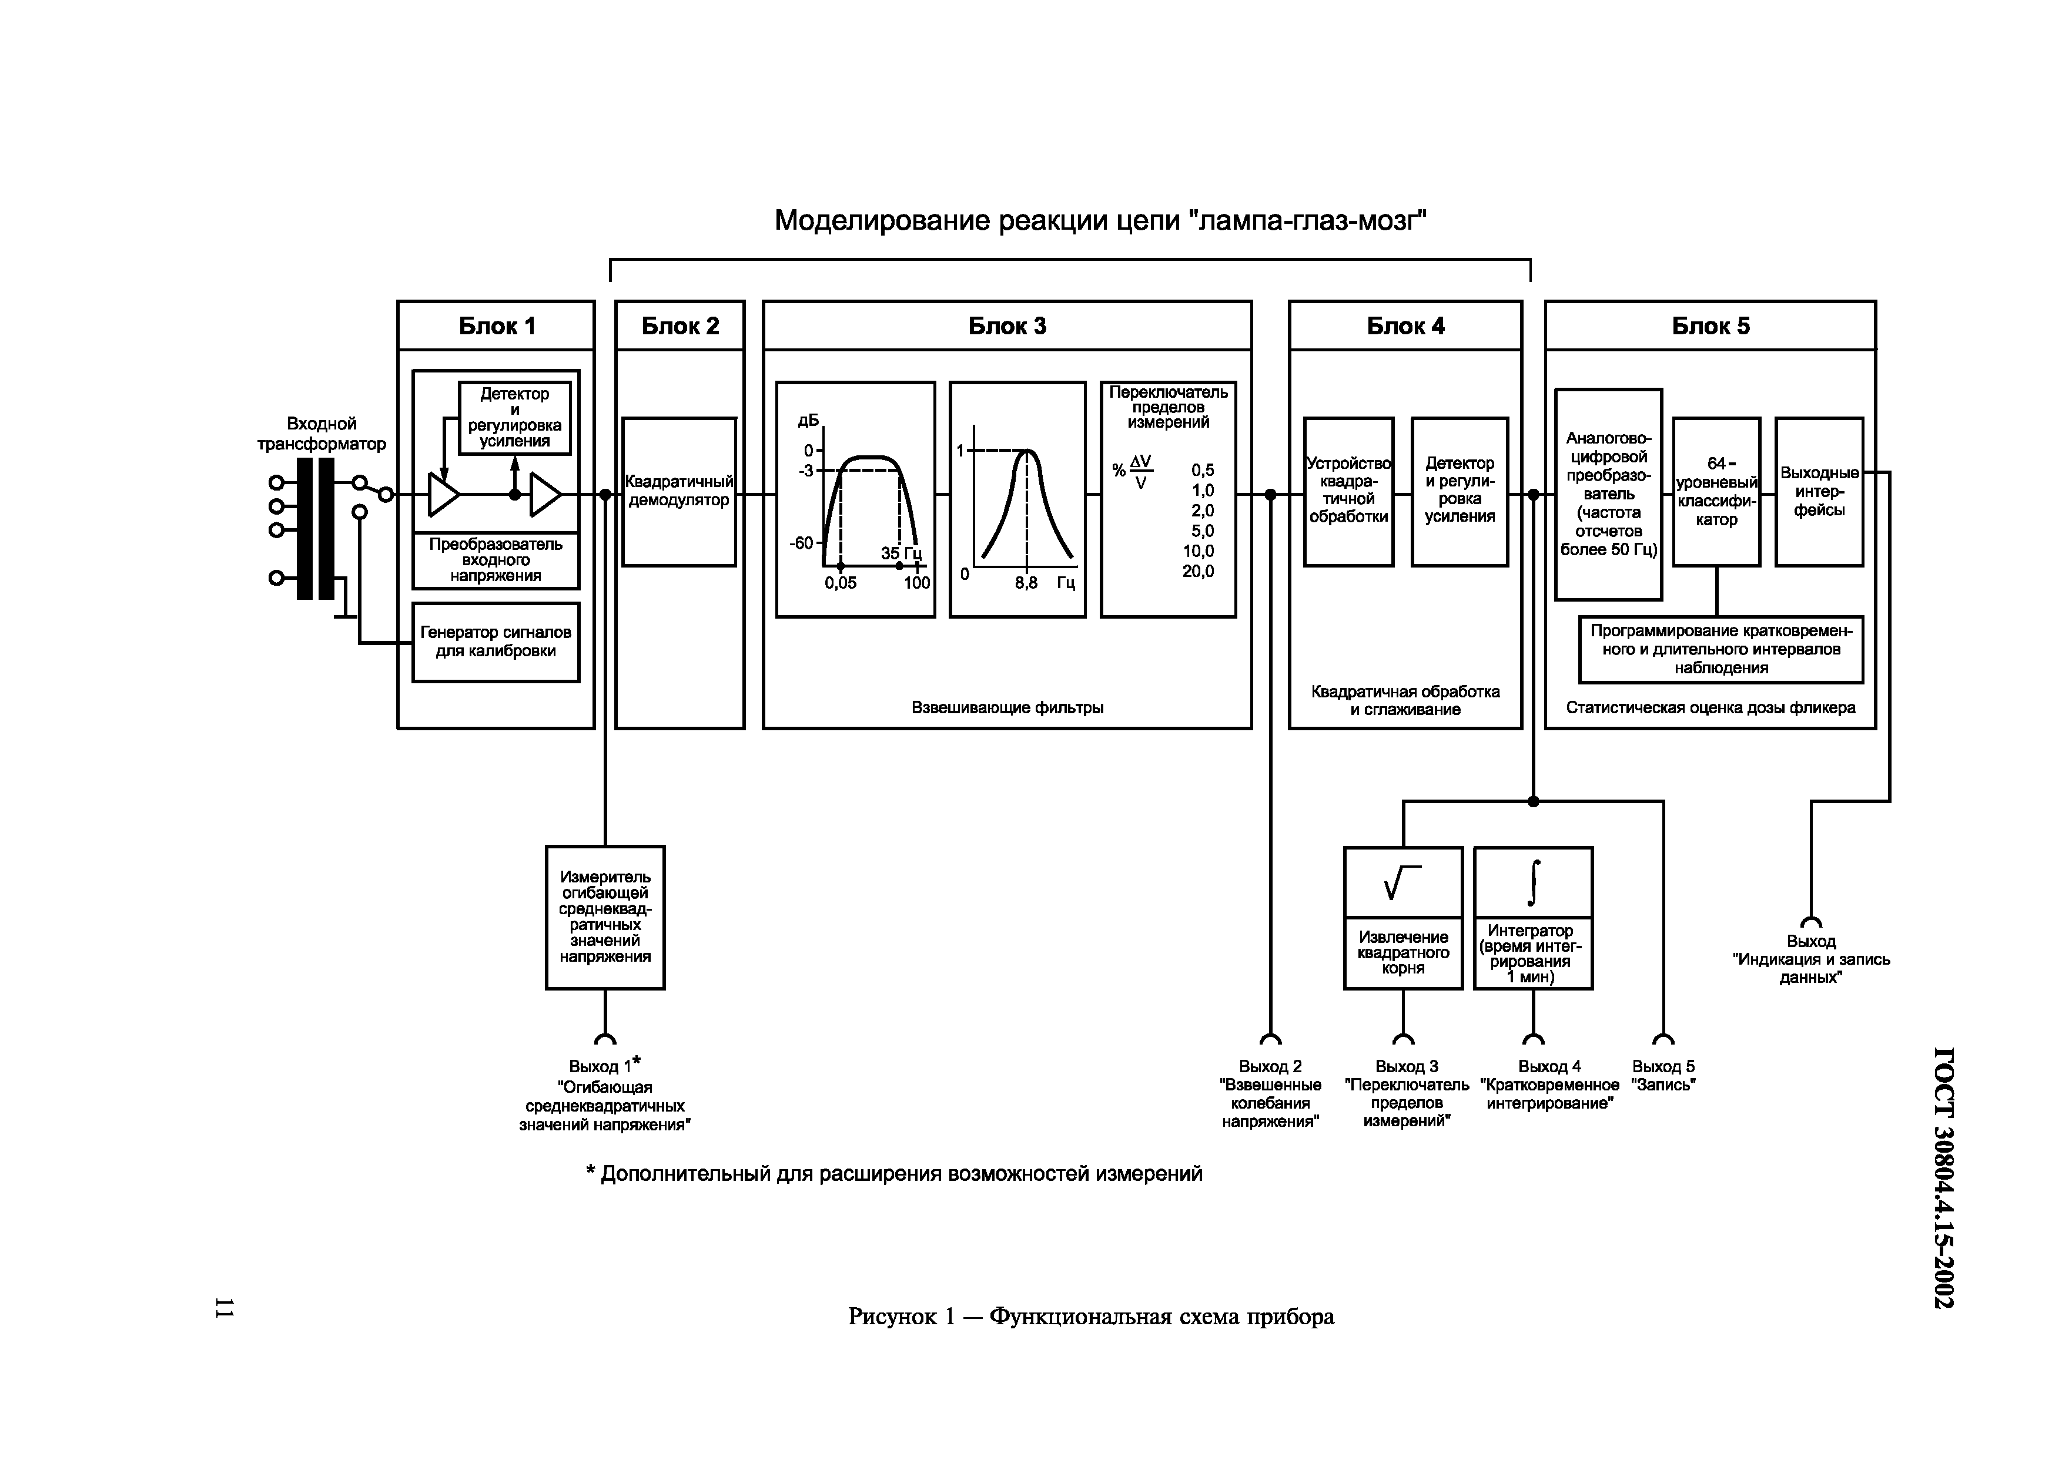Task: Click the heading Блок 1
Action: point(497,326)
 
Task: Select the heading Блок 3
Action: point(1007,326)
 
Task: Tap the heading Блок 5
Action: point(1710,326)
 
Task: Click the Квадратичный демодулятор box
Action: point(679,491)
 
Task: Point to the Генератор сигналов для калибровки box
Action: point(496,642)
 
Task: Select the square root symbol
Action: point(1403,882)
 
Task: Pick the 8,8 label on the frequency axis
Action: point(1026,583)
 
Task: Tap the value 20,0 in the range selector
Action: point(1198,572)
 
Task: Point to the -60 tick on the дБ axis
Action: point(801,543)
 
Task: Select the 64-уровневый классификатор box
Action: point(1716,491)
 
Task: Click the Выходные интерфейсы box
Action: point(1819,491)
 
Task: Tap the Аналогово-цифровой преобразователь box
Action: point(1608,493)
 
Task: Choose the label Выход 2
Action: point(1270,1066)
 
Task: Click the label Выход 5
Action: point(1663,1066)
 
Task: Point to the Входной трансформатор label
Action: point(322,434)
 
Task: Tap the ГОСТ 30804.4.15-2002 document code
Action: point(1943,1177)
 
